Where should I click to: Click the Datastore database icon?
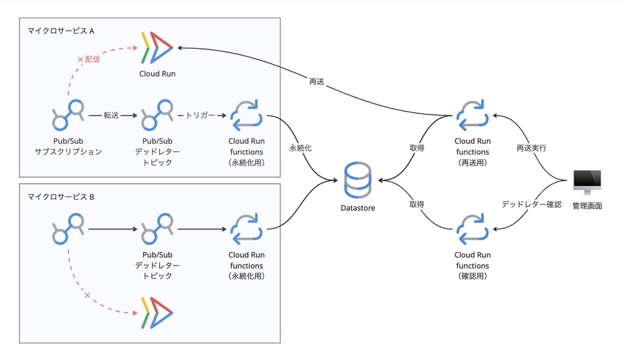357,180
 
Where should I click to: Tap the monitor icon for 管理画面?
587,182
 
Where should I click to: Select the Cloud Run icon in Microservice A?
157,48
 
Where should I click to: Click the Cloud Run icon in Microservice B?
157,312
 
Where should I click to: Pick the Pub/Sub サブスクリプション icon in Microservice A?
68,115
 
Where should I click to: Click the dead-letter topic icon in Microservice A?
157,115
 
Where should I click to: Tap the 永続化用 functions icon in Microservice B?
246,228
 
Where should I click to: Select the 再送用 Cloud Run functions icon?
472,115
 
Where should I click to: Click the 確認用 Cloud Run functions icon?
472,228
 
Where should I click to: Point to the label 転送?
111,115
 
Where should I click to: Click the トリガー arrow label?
200,115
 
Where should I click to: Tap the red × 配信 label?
88,59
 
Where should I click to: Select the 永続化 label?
300,148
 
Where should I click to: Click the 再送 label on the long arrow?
317,82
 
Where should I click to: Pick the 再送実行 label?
531,148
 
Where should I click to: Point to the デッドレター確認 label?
531,205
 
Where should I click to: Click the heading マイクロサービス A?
60,31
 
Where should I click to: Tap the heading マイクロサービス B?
60,197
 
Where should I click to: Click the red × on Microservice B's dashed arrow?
87,295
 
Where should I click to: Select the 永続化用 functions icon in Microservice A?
246,115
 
